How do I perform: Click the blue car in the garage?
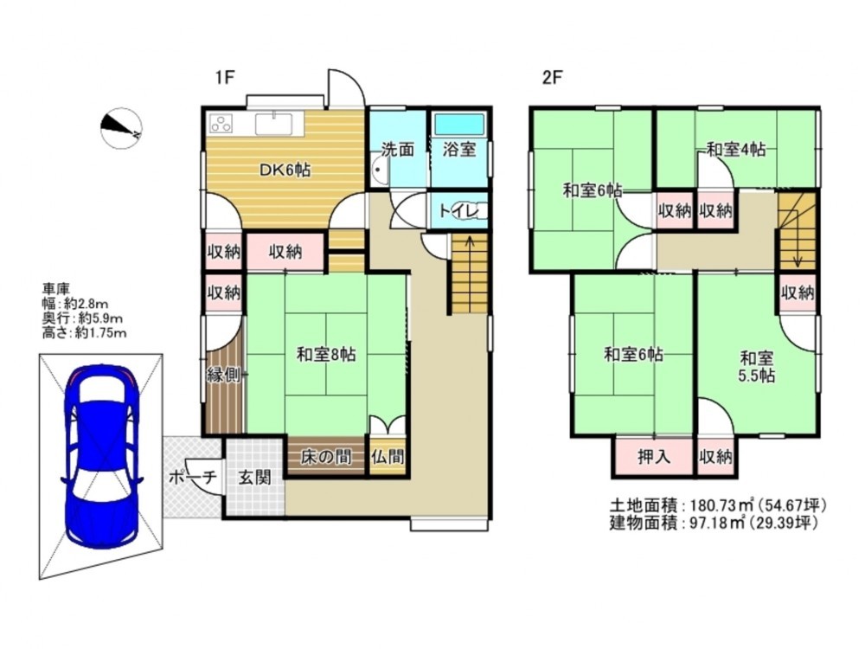pyautogui.click(x=103, y=456)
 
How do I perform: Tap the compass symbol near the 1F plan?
pyautogui.click(x=121, y=128)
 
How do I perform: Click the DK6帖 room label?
pyautogui.click(x=285, y=170)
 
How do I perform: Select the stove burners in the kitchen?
pyautogui.click(x=220, y=124)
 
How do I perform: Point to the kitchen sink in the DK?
pyautogui.click(x=274, y=123)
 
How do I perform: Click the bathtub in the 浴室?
pyautogui.click(x=459, y=125)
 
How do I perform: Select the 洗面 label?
pyautogui.click(x=398, y=150)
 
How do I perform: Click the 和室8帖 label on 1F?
pyautogui.click(x=325, y=354)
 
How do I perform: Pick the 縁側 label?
pyautogui.click(x=223, y=375)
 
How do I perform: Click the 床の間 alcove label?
pyautogui.click(x=325, y=457)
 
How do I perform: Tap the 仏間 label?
pyautogui.click(x=388, y=457)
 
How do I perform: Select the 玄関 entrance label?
pyautogui.click(x=254, y=478)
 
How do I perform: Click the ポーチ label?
pyautogui.click(x=193, y=478)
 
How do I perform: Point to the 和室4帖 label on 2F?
pyautogui.click(x=736, y=149)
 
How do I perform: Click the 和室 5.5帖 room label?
pyautogui.click(x=756, y=367)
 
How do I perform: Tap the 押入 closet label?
pyautogui.click(x=654, y=457)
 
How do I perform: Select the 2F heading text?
pyautogui.click(x=552, y=78)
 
